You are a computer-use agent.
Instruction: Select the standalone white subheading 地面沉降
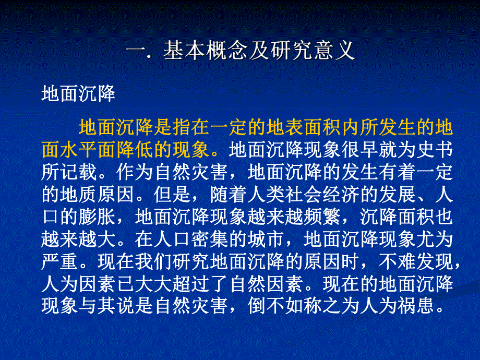[78, 94]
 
